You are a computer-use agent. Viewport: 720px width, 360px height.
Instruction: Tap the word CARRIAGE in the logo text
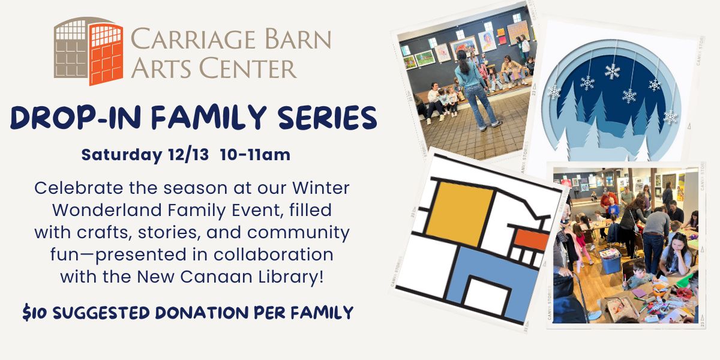(193, 38)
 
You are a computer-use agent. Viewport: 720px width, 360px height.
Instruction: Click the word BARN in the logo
(298, 38)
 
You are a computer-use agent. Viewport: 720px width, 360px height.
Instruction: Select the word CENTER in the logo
(248, 68)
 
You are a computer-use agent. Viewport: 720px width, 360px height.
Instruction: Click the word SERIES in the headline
(327, 118)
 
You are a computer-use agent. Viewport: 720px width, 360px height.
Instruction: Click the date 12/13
(188, 154)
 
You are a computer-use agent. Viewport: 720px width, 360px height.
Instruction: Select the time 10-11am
(255, 154)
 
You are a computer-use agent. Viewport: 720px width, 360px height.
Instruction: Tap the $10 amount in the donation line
(34, 313)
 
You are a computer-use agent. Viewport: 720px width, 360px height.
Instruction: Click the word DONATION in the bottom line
(202, 313)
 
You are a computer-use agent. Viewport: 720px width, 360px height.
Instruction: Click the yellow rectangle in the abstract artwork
(459, 214)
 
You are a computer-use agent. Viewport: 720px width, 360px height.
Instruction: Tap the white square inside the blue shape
(487, 296)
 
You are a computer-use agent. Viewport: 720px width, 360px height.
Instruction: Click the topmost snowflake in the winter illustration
(612, 71)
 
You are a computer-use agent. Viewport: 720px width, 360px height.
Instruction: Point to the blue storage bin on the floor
(610, 260)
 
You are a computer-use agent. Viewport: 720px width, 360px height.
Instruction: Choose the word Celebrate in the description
(79, 188)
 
